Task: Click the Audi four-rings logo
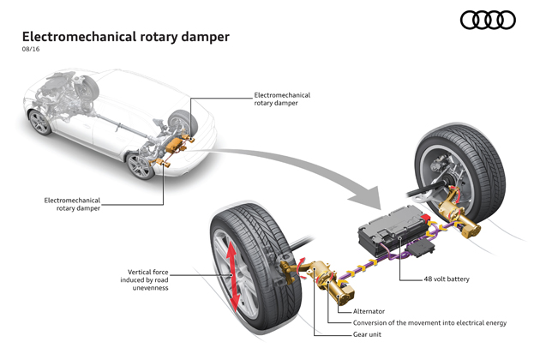488,20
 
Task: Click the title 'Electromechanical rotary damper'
126,37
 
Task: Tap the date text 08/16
31,49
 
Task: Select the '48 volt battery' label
447,279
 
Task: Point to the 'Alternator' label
369,311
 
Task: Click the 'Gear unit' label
367,334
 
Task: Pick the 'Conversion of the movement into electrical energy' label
429,323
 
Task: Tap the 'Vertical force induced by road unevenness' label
144,280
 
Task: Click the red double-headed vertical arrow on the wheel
232,275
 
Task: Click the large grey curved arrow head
368,199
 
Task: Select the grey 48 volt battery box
393,230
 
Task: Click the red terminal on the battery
425,218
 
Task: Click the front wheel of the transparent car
40,123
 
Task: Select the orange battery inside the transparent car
175,146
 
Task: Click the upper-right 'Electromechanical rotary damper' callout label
282,99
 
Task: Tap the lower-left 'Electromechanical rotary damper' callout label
72,204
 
